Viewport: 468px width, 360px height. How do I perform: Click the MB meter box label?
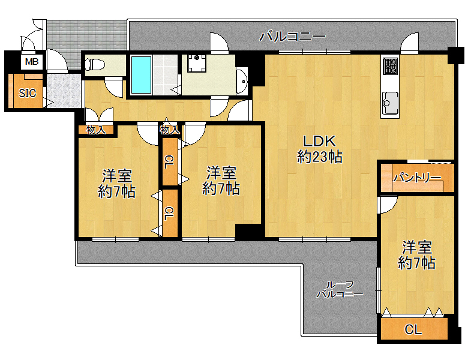click(x=32, y=62)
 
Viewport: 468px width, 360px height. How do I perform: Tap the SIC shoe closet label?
click(x=28, y=94)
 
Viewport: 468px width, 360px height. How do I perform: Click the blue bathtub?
click(x=141, y=74)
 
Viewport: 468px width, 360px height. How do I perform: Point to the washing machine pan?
click(x=197, y=63)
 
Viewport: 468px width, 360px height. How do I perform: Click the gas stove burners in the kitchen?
click(x=390, y=65)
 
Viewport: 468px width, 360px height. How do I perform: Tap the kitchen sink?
click(x=390, y=103)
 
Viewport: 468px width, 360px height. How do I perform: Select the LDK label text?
click(x=319, y=141)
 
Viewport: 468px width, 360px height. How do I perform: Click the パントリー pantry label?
click(x=416, y=178)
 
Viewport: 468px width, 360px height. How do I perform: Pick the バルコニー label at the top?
click(x=292, y=37)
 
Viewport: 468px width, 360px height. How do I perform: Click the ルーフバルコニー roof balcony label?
click(x=340, y=289)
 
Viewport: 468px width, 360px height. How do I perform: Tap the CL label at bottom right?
click(x=413, y=329)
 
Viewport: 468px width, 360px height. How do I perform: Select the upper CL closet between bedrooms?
click(x=169, y=162)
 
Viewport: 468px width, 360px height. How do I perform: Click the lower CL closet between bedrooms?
click(x=169, y=214)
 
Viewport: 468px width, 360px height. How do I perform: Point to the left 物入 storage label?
click(x=96, y=130)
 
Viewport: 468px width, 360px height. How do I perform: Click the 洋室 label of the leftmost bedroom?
click(x=117, y=176)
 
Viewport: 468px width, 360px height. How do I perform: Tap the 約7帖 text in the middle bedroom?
click(x=221, y=188)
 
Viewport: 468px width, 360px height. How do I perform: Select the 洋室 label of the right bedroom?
click(x=417, y=247)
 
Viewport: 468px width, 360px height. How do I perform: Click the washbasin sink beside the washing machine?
click(x=242, y=80)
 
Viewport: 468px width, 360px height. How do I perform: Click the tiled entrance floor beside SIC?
click(x=64, y=91)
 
